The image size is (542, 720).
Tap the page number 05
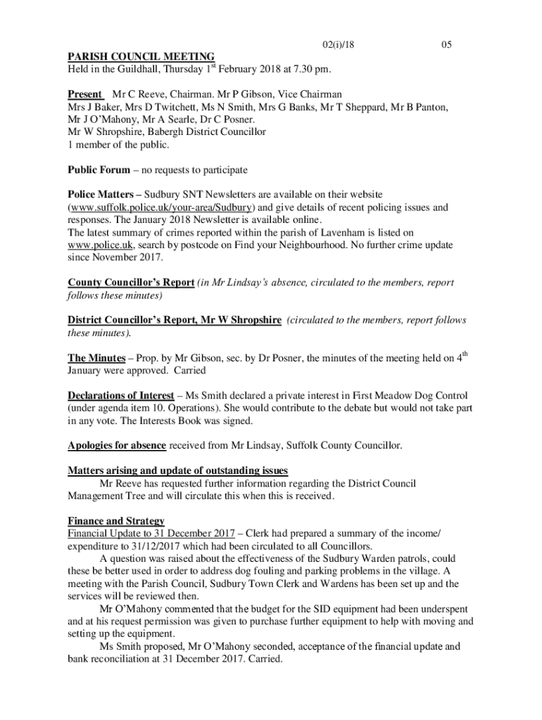point(446,45)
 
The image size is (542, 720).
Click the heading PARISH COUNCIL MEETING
point(141,57)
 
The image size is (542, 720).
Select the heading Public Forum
point(99,170)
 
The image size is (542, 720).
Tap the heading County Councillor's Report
point(131,283)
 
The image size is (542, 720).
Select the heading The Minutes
point(96,359)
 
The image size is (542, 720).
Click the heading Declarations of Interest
point(120,396)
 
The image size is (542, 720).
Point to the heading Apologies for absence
point(117,446)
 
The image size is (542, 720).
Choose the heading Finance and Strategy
point(116,521)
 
